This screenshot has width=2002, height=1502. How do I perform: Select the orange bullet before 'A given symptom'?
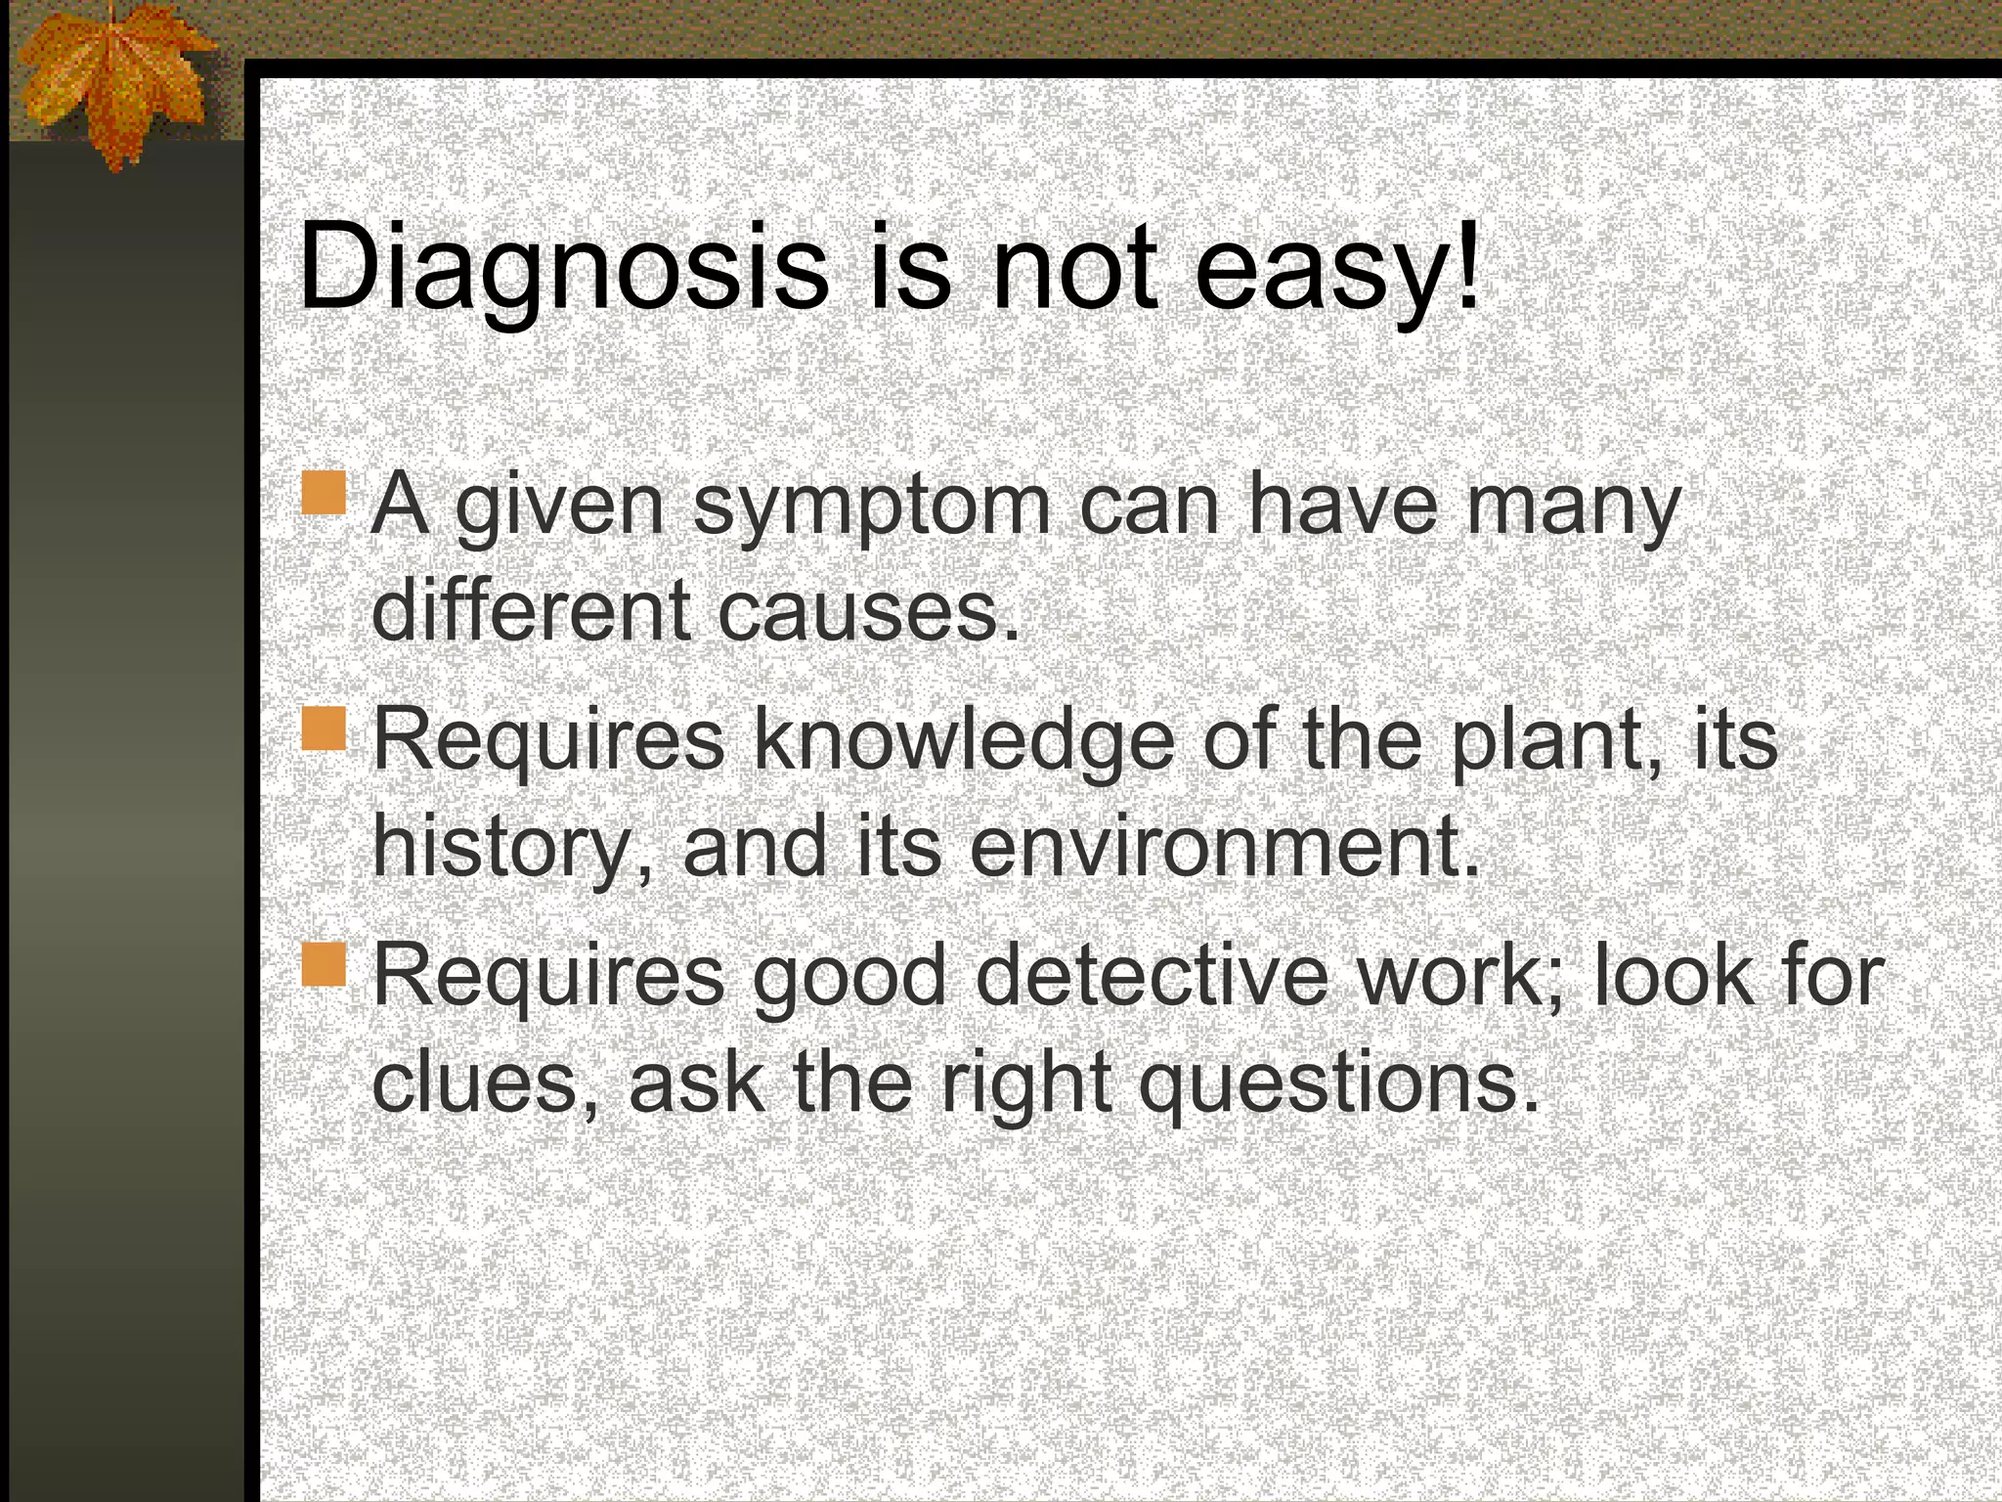tap(324, 493)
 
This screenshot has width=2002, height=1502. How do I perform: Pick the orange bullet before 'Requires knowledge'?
tap(324, 729)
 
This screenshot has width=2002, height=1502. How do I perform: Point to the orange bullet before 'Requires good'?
tap(324, 964)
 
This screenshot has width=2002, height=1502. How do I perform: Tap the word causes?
tap(868, 611)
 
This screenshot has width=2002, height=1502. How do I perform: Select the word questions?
tap(1339, 1083)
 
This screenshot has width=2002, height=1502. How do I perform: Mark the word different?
tap(532, 611)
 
